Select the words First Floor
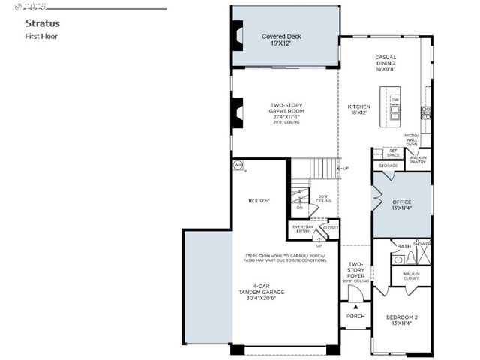(41, 35)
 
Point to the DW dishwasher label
(395, 99)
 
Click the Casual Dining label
(385, 61)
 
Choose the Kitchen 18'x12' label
(358, 109)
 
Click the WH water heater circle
(238, 165)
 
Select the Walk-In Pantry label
(418, 159)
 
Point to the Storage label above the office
(388, 166)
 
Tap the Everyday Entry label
(303, 229)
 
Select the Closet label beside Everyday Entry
(331, 227)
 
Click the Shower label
(421, 244)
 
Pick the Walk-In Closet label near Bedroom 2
(410, 276)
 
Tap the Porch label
(355, 316)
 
